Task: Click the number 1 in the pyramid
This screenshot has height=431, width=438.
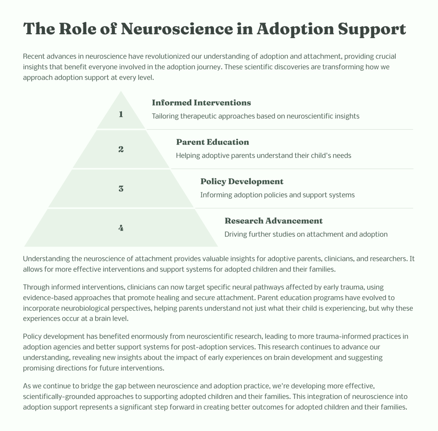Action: click(x=121, y=114)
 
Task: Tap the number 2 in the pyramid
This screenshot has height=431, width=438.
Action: click(x=121, y=149)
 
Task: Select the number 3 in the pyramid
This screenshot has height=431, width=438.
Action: click(x=121, y=189)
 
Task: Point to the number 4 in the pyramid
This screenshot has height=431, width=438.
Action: click(x=121, y=228)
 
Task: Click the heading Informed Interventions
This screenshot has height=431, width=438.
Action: click(x=201, y=103)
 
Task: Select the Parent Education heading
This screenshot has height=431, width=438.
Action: click(x=212, y=142)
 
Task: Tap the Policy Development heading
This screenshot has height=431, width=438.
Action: click(x=242, y=181)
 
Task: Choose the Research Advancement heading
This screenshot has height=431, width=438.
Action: click(x=273, y=221)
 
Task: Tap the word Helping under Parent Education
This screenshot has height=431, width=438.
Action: click(x=189, y=155)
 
